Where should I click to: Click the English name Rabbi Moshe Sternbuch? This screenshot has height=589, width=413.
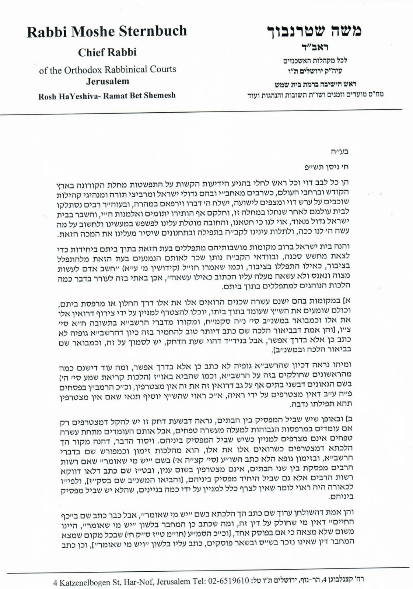(107, 32)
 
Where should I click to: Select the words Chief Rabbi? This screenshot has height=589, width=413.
(107, 52)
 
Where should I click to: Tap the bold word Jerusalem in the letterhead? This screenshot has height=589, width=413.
(108, 81)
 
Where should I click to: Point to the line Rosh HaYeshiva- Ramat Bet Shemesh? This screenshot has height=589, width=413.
(107, 96)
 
